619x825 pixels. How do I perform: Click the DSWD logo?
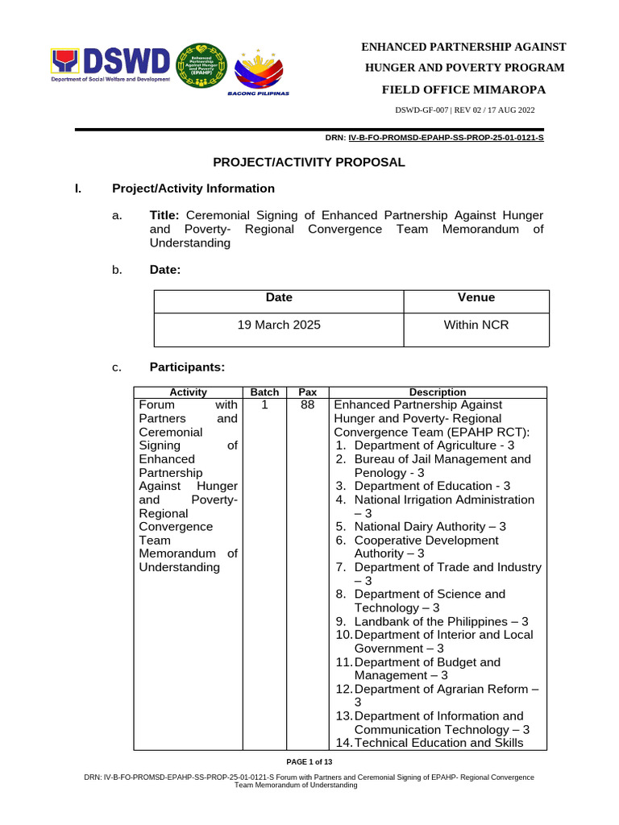[111, 65]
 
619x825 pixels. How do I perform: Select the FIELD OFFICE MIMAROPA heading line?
[463, 89]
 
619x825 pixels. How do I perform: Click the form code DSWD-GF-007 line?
[464, 110]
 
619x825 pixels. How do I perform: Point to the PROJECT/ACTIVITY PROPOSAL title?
[309, 162]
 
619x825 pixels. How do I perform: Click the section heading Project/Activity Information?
[193, 189]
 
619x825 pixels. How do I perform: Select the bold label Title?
[168, 215]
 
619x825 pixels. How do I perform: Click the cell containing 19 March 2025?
[279, 325]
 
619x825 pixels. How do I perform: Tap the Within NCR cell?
[476, 325]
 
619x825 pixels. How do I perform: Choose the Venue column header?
[476, 298]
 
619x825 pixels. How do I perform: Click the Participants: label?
[187, 367]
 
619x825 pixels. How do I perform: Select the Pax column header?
[307, 392]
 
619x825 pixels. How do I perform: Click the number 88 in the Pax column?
[307, 404]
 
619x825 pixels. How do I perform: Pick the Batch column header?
[264, 392]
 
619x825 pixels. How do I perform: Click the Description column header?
[438, 392]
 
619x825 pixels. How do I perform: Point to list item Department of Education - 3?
[432, 486]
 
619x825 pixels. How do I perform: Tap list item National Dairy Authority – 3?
[430, 527]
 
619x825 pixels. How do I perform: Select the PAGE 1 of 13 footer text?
[309, 762]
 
